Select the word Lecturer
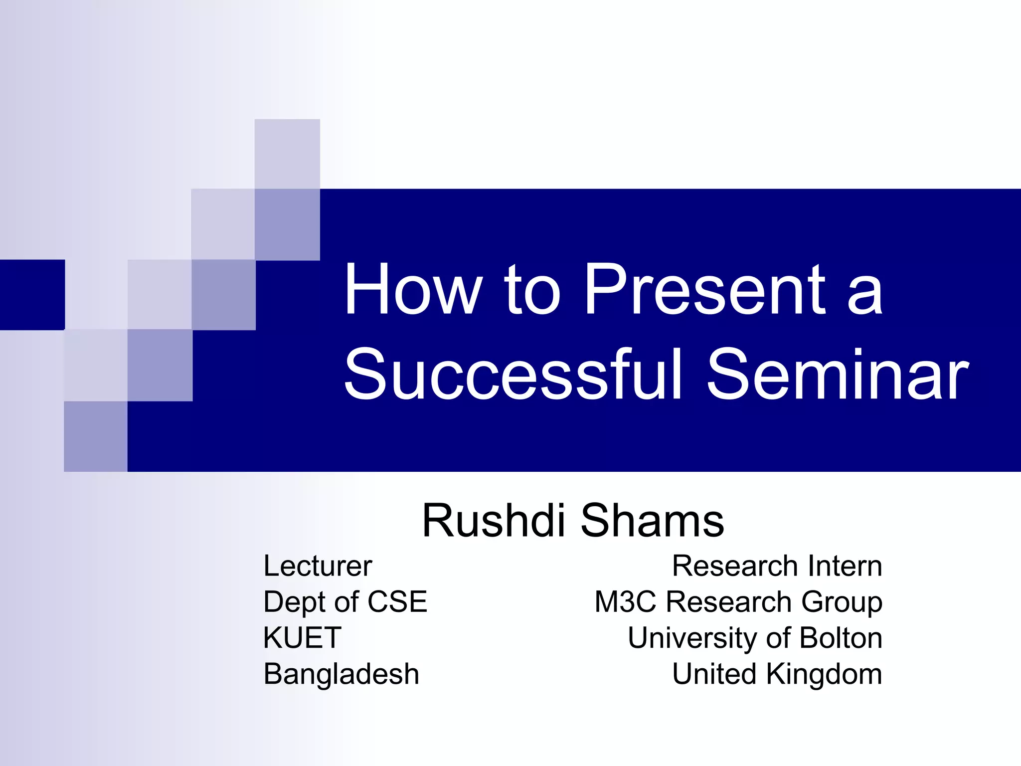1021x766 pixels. pos(318,566)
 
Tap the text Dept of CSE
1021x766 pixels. pos(345,601)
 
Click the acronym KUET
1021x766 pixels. pos(302,638)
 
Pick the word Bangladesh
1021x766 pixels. pos(341,674)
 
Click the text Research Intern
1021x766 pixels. pos(777,566)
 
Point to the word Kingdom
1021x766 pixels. pos(824,674)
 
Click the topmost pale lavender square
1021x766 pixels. pos(287,154)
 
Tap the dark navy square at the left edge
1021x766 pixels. pos(32,294)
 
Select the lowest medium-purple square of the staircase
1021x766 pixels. pos(96,436)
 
